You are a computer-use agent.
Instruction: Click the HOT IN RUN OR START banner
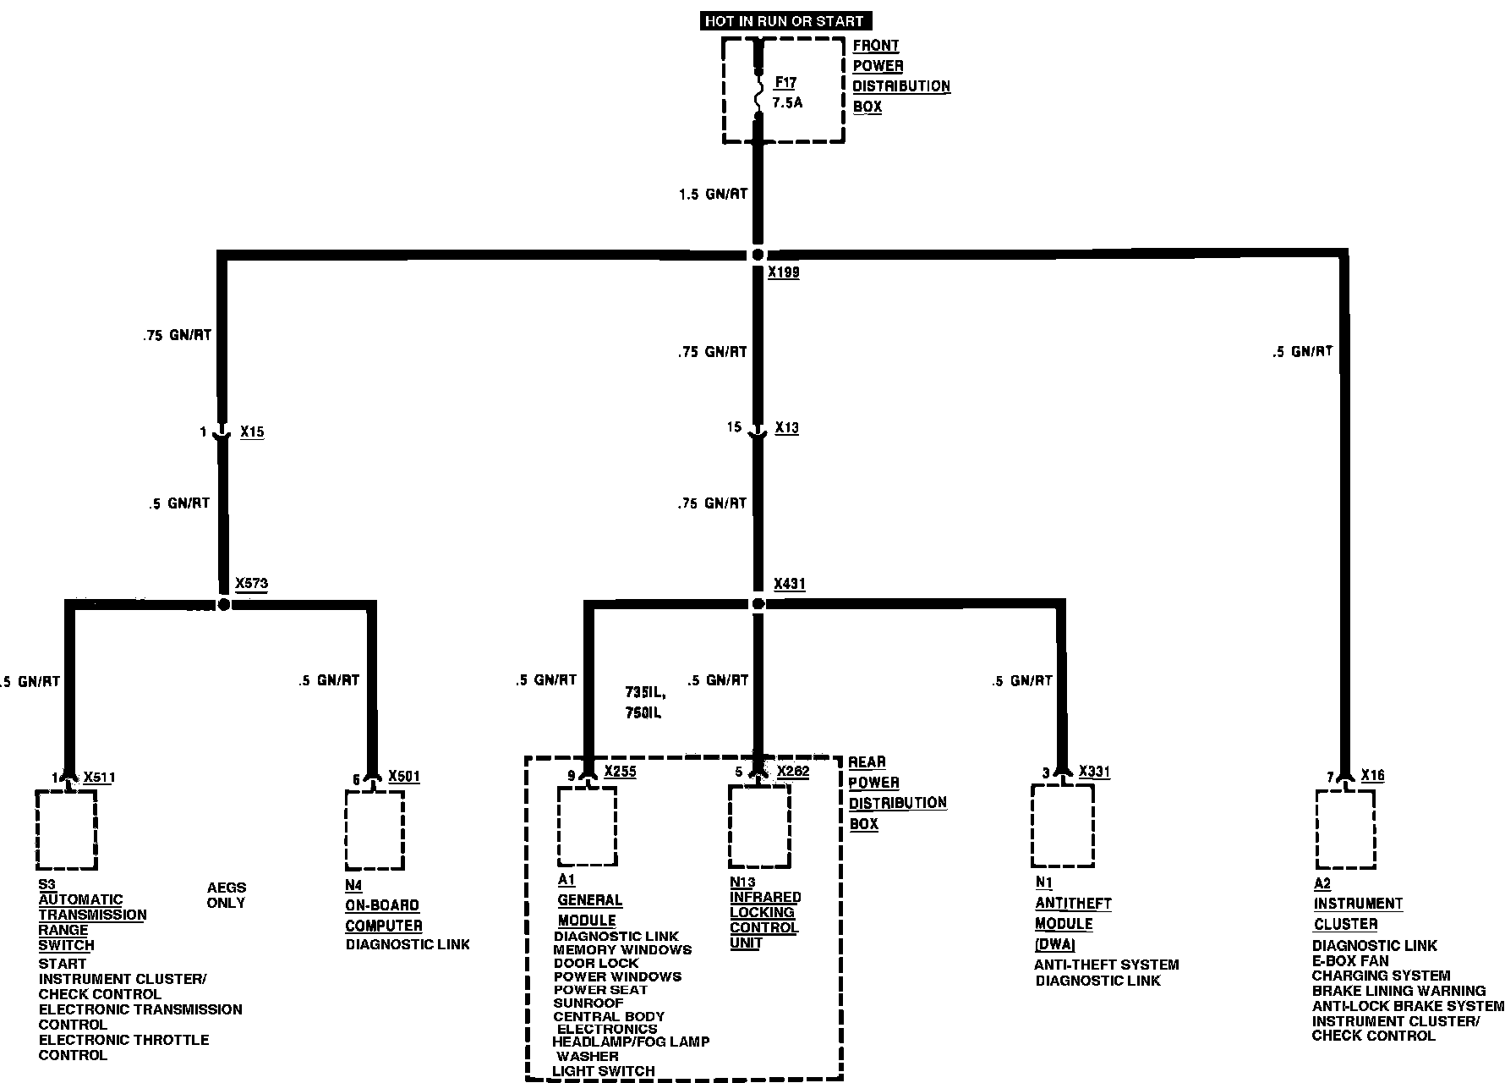click(x=784, y=20)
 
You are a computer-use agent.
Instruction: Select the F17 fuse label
click(x=785, y=83)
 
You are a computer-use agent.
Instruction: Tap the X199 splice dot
click(x=758, y=255)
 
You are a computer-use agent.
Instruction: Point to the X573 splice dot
click(x=223, y=604)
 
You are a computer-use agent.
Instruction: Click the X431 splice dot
click(x=758, y=603)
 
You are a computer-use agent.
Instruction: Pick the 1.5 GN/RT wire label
click(x=713, y=194)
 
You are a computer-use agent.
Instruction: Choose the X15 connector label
click(x=252, y=432)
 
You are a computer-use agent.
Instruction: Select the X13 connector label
click(x=786, y=428)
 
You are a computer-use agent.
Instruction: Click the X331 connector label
click(x=1095, y=772)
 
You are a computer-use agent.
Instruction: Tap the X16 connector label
click(x=1373, y=775)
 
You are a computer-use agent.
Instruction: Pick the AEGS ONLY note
click(x=227, y=895)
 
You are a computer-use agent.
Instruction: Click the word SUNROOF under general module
click(x=588, y=1003)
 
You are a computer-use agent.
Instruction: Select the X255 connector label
click(x=621, y=772)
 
